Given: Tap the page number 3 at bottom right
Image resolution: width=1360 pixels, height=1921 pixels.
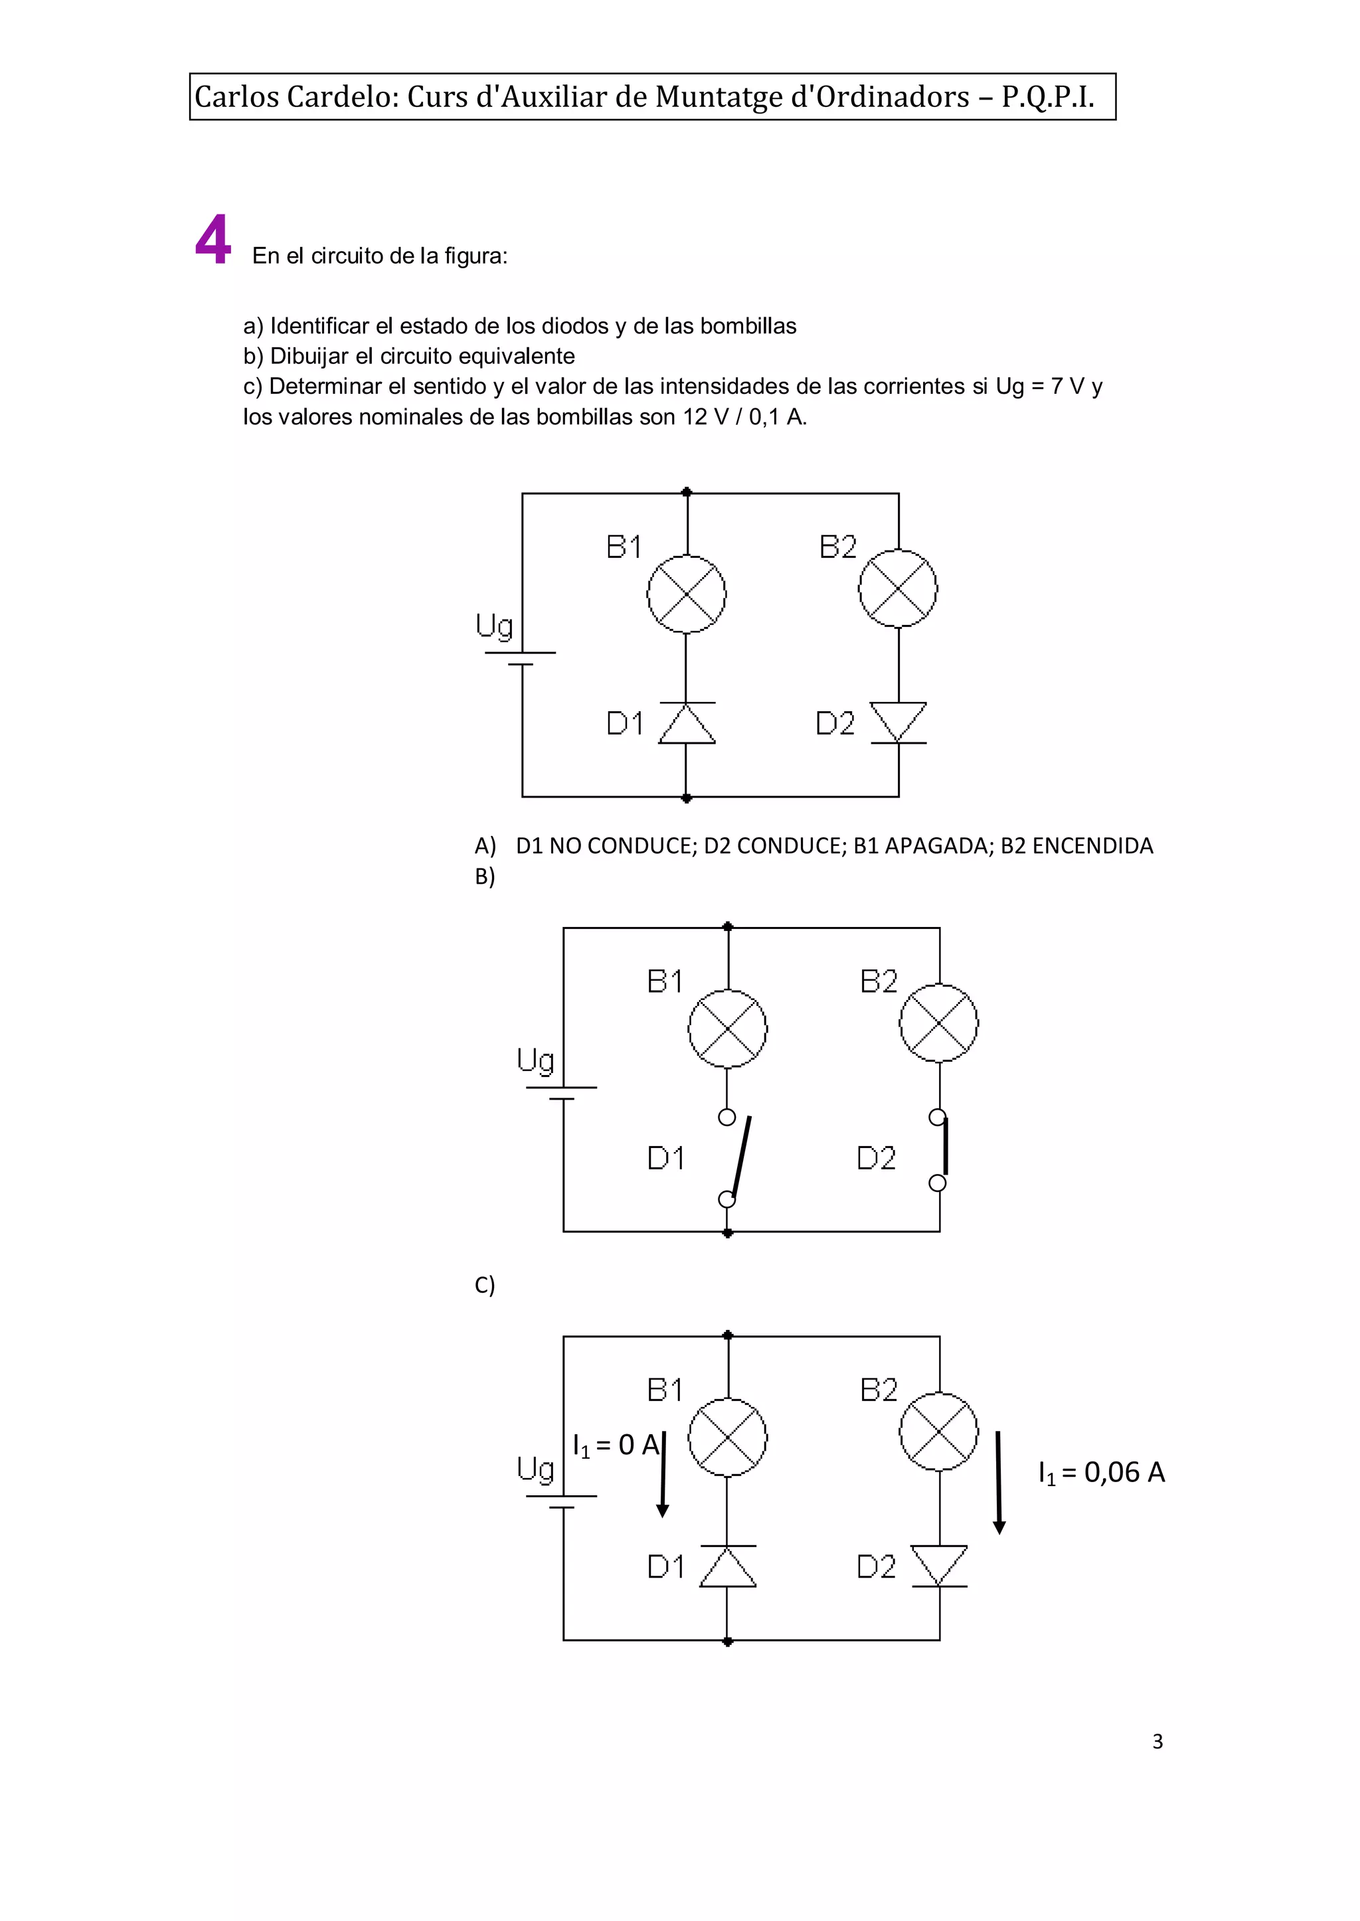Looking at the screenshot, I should coord(1157,1742).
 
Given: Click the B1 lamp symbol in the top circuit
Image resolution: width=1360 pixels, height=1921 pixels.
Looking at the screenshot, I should coord(687,594).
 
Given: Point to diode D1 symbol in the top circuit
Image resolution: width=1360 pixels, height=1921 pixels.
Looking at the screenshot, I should coord(687,722).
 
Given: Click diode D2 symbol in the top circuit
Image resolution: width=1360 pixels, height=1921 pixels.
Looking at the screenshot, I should coord(898,722).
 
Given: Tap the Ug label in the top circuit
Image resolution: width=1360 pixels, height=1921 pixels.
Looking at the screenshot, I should coord(494,626).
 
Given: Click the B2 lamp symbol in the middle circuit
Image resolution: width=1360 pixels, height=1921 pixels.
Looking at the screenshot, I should coord(939,1023).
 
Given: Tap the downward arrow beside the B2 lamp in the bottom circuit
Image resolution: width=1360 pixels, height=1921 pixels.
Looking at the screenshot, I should coord(998,1482).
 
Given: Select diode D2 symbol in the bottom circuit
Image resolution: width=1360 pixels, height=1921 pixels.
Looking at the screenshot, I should coord(939,1566).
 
